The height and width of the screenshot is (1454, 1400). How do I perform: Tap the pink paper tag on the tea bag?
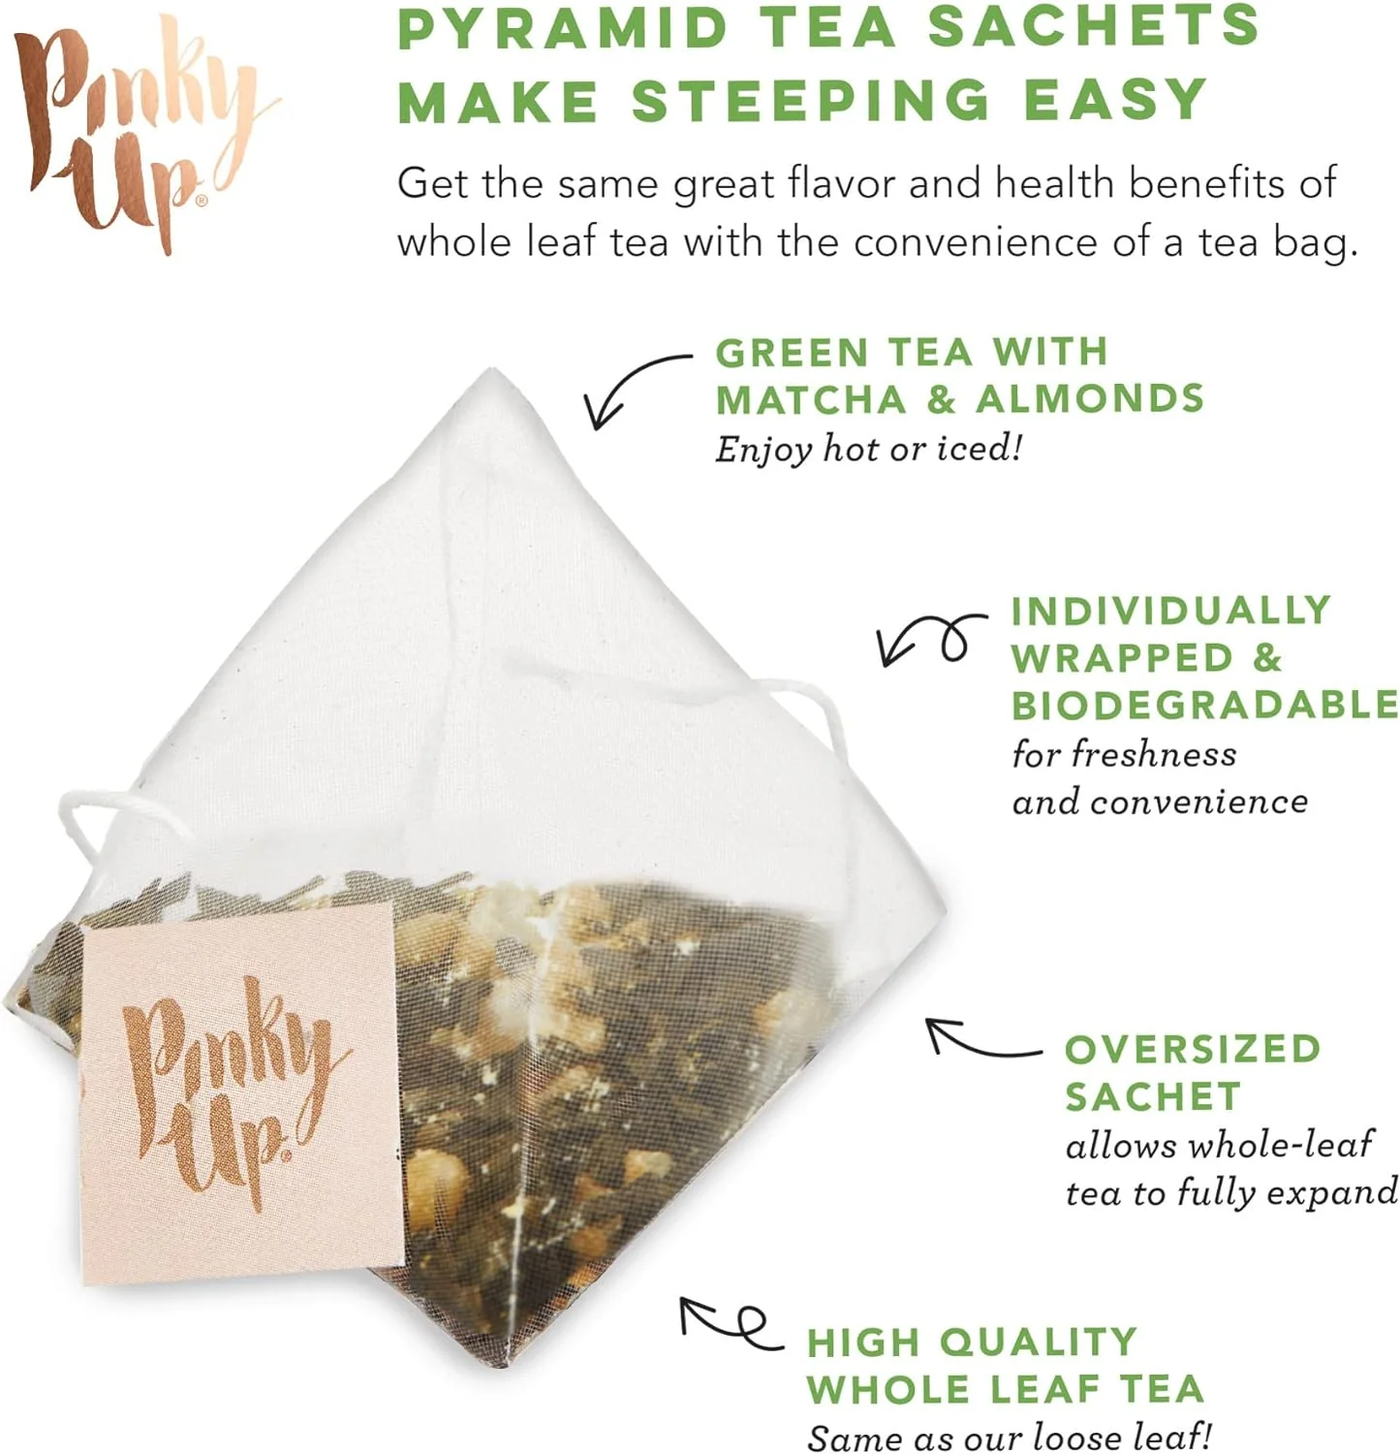coord(238,1092)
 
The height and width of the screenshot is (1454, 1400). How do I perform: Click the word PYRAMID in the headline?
coord(563,27)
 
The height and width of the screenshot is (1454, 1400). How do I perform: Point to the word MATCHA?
coord(812,399)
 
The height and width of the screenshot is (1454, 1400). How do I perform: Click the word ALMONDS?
coord(1090,399)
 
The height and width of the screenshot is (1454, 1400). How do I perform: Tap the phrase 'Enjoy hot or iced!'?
coord(868,449)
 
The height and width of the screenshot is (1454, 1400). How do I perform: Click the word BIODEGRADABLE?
coord(1204,705)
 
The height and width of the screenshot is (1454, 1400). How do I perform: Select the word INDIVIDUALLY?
coord(1170,611)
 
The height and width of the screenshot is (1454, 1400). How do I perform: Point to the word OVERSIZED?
coord(1193,1049)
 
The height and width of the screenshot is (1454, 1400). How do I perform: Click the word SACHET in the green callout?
coord(1153,1096)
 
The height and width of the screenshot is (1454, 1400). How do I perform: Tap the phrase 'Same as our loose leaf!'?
coord(1009,1436)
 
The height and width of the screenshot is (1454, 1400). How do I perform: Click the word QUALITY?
coord(1039,1343)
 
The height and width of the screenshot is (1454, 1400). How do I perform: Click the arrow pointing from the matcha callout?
coord(625,376)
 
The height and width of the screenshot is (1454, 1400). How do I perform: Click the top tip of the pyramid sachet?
coord(493,370)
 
